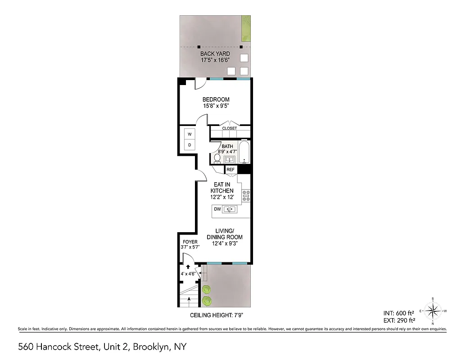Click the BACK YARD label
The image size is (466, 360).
pos(215,54)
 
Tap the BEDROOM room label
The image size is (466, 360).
pos(216,99)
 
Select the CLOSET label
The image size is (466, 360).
pos(230,128)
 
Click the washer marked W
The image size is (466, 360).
pos(190,134)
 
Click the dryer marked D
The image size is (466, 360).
pos(190,145)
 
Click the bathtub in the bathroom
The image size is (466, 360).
pos(244,153)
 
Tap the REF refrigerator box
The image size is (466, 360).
pos(231,169)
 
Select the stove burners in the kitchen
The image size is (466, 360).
pos(246,195)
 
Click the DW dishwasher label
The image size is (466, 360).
pos(217,209)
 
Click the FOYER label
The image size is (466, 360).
pos(187,242)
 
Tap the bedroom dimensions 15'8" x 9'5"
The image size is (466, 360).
pos(216,106)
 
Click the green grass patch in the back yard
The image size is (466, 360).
pos(246,27)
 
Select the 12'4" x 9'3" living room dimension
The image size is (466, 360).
pos(224,243)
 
